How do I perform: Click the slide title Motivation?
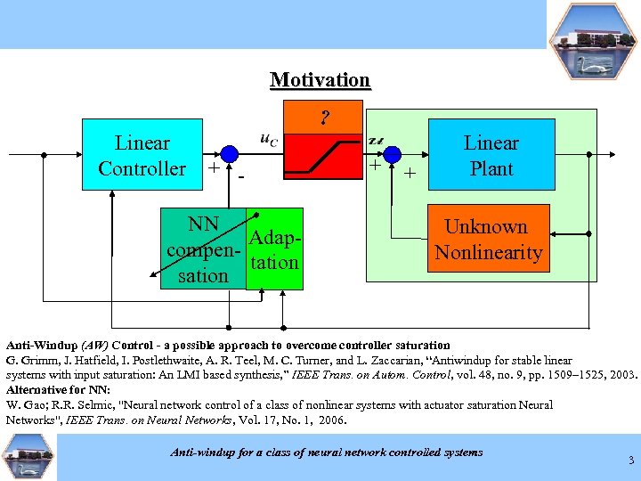(x=320, y=80)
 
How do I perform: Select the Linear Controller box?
(x=142, y=155)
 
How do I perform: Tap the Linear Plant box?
(x=491, y=155)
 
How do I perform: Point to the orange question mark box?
(x=325, y=116)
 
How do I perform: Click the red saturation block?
(x=325, y=156)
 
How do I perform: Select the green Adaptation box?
(x=274, y=250)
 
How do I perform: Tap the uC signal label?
(x=268, y=139)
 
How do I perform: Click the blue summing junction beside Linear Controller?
(x=230, y=152)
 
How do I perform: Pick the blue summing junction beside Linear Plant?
(x=393, y=152)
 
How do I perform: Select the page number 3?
(x=631, y=460)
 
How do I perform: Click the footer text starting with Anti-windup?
(x=326, y=452)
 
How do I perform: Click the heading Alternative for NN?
(x=58, y=389)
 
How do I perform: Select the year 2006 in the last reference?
(x=331, y=420)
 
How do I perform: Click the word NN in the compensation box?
(x=203, y=224)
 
